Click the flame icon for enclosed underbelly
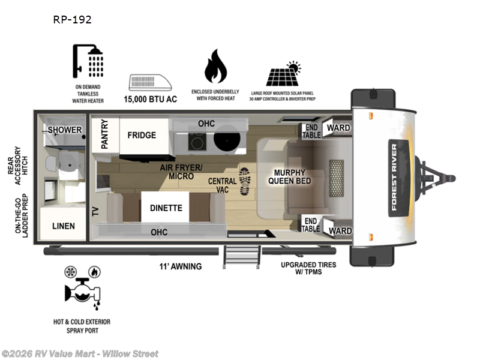coord(215,67)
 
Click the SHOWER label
coord(65,130)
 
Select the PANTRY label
coord(104,134)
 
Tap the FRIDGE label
coord(142,135)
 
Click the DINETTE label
coord(166,208)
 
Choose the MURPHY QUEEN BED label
coord(289,176)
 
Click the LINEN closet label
coord(63,226)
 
